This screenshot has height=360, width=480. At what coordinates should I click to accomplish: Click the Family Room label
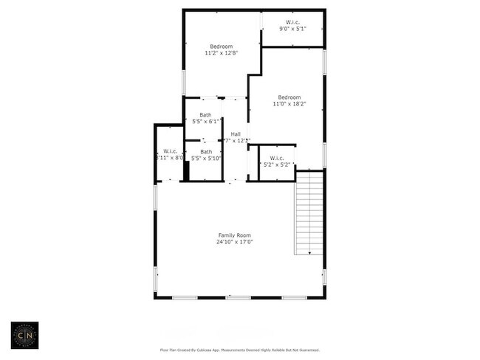coord(234,235)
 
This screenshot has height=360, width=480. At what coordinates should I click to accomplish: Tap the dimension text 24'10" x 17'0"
coord(234,242)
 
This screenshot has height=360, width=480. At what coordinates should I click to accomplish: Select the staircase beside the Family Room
coord(309,212)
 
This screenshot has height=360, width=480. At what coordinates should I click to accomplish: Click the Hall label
coord(236,134)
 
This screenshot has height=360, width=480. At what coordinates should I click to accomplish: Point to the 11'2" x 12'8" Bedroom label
coord(222,46)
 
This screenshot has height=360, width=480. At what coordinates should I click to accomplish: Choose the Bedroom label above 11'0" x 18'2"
coord(289,97)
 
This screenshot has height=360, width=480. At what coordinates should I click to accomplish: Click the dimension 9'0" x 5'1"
coord(292,29)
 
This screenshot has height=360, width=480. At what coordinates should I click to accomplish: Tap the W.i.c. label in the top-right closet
coord(292,22)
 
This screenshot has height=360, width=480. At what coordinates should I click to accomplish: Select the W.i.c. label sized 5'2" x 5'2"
coord(277,158)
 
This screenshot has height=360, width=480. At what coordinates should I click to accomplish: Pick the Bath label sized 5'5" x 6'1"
coord(205,114)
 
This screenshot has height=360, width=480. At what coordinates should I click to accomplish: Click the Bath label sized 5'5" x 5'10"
coord(205,151)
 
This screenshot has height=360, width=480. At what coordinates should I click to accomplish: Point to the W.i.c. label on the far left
coord(170,151)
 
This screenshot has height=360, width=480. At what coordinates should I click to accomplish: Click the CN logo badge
coord(24,335)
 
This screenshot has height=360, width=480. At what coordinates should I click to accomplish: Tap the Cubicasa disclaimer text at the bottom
coord(240,350)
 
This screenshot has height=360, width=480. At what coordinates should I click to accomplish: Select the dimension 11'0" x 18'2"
coord(289,104)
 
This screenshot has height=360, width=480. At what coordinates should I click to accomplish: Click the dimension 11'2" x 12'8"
coord(222,53)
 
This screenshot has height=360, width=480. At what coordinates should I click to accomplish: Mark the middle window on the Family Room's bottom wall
coord(238,297)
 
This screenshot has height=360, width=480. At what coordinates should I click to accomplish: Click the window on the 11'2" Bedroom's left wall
coord(184,81)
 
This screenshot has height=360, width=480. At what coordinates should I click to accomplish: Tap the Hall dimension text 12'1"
coord(239,140)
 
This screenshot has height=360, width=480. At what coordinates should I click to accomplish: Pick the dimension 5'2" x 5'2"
coord(277,165)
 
